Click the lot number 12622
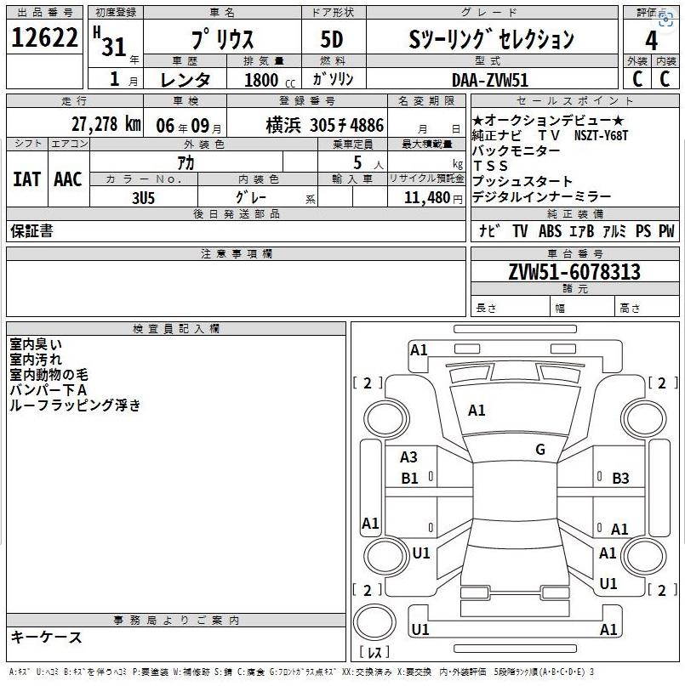point(44,37)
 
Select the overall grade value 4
point(651,41)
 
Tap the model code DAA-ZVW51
point(489,80)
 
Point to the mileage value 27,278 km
point(106,124)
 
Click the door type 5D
point(332,39)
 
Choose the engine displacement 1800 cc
point(270,80)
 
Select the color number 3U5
point(143,198)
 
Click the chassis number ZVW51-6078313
point(574,272)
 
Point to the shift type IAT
point(26,179)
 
